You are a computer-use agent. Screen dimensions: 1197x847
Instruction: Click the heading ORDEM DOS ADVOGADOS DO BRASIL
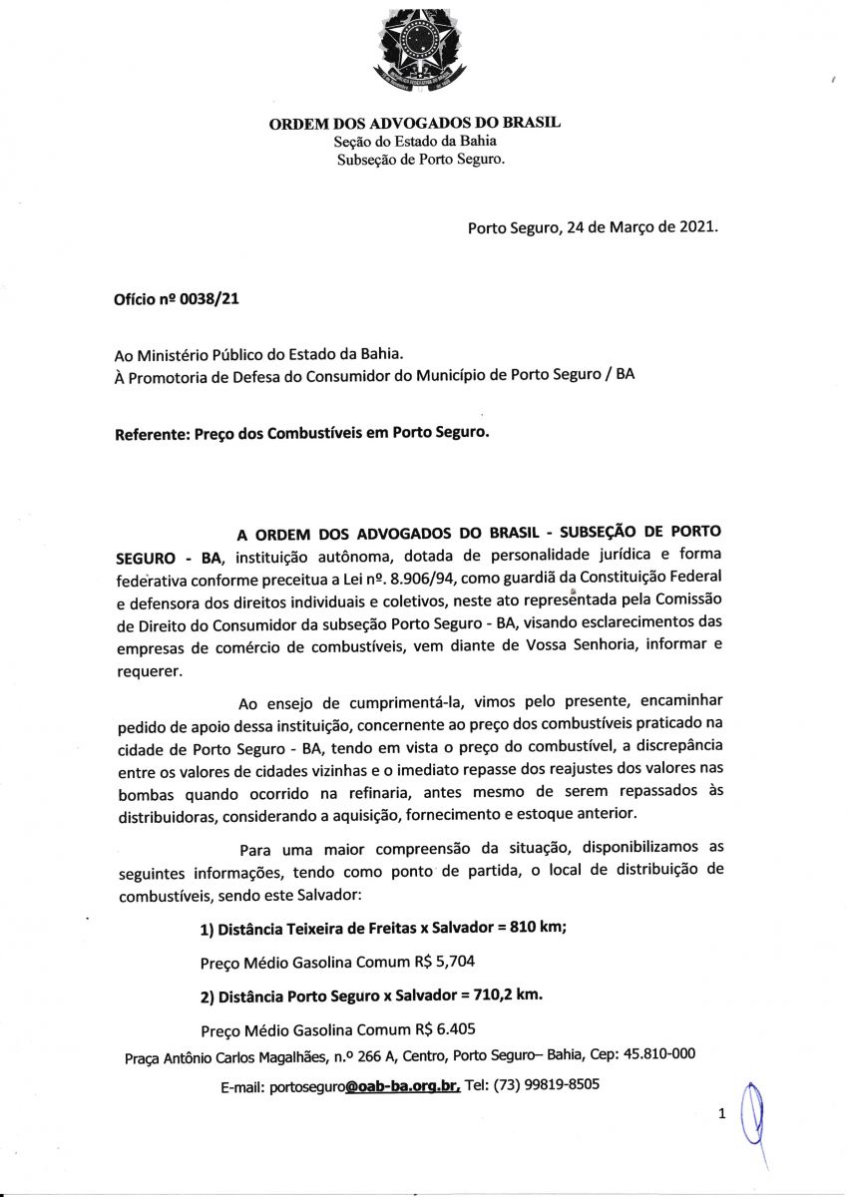(414, 123)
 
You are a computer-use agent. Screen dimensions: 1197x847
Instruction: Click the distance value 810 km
(538, 929)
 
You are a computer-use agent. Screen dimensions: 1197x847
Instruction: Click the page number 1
(721, 1114)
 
